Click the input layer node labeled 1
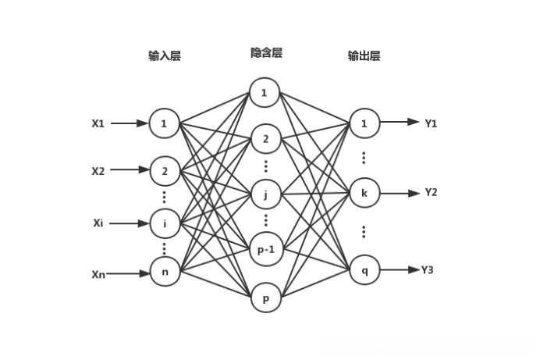point(165,123)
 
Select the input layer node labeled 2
point(165,170)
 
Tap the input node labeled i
point(165,223)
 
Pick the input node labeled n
point(165,273)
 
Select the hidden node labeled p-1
point(265,249)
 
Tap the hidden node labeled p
point(265,298)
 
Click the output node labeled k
point(364,192)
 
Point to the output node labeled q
point(364,270)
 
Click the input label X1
point(98,123)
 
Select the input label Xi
point(98,223)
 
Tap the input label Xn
point(98,273)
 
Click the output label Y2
point(431,192)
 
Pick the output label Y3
point(427,270)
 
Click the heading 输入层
point(165,56)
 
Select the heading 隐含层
point(265,52)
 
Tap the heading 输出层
point(364,56)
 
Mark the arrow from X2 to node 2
point(130,170)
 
